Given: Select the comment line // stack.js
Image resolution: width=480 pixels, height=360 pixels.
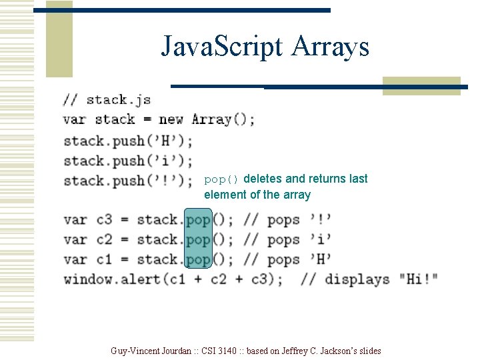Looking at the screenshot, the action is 107,100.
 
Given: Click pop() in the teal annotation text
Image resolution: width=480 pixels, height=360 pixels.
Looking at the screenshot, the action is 221,179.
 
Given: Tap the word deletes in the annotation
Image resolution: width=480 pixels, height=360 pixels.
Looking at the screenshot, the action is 263,179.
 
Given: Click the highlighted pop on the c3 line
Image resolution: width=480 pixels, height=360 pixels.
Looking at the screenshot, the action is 198,219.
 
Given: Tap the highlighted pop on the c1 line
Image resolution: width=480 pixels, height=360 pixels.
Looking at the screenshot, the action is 198,259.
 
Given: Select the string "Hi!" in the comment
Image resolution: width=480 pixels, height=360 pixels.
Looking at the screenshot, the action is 418,279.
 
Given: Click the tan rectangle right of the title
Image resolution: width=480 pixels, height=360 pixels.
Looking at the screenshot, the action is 421,86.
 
